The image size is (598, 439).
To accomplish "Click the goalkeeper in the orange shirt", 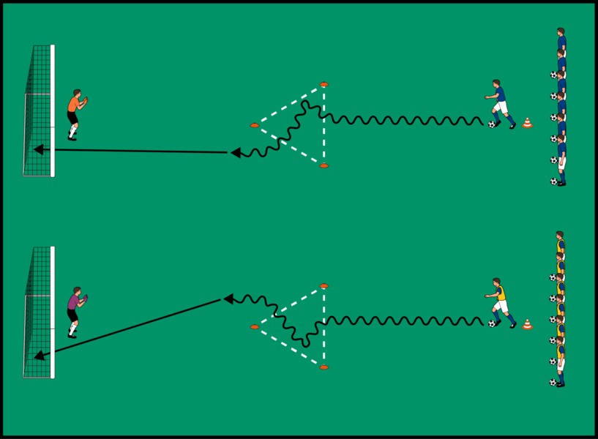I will pos(74,113).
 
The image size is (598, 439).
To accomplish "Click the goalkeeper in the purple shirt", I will pos(74,312).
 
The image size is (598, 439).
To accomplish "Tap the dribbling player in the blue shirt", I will pos(500,103).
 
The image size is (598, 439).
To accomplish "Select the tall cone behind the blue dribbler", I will pos(527,123).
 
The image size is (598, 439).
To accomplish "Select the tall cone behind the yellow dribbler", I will pos(527,323).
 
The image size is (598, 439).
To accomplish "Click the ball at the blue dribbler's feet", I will pos(493,124).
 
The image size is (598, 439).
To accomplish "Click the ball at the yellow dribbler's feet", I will pos(493,323).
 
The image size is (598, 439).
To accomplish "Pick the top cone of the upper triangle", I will pos(324,85).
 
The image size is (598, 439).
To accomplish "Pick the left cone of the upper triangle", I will pos(254,126).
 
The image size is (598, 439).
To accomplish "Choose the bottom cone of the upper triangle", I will pos(324,166).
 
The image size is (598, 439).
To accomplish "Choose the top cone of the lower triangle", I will pos(324,285).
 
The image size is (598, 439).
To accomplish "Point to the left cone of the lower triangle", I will pos(254,326).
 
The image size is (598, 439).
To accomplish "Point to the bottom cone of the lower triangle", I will pos(324,367).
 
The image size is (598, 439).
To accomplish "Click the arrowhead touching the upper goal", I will pos(38,150).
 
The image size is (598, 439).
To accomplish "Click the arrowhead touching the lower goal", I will pos(39,356).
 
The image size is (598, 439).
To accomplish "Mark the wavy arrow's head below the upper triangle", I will pos(236,153).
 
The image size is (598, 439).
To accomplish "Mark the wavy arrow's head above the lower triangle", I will pos(228,299).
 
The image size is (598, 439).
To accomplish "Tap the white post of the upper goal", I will pos(53,110).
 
